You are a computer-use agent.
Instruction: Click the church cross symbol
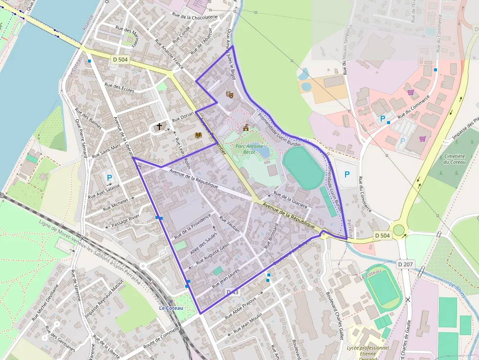point(159,127)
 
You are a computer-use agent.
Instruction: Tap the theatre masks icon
point(230,94)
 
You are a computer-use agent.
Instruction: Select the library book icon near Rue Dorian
point(198,135)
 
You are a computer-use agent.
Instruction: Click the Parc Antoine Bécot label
point(249,149)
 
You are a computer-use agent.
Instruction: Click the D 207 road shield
point(405,264)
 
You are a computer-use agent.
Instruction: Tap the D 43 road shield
point(233,292)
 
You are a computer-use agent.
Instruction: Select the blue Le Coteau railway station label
point(171,308)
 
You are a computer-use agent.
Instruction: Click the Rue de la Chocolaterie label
point(195,17)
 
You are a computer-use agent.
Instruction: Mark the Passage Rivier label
point(125,221)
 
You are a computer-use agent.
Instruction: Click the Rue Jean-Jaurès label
point(226,278)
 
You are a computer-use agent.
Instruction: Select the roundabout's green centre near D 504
point(399,230)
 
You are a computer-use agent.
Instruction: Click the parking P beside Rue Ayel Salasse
point(109,178)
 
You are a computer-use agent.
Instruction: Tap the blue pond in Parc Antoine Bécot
point(264,152)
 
